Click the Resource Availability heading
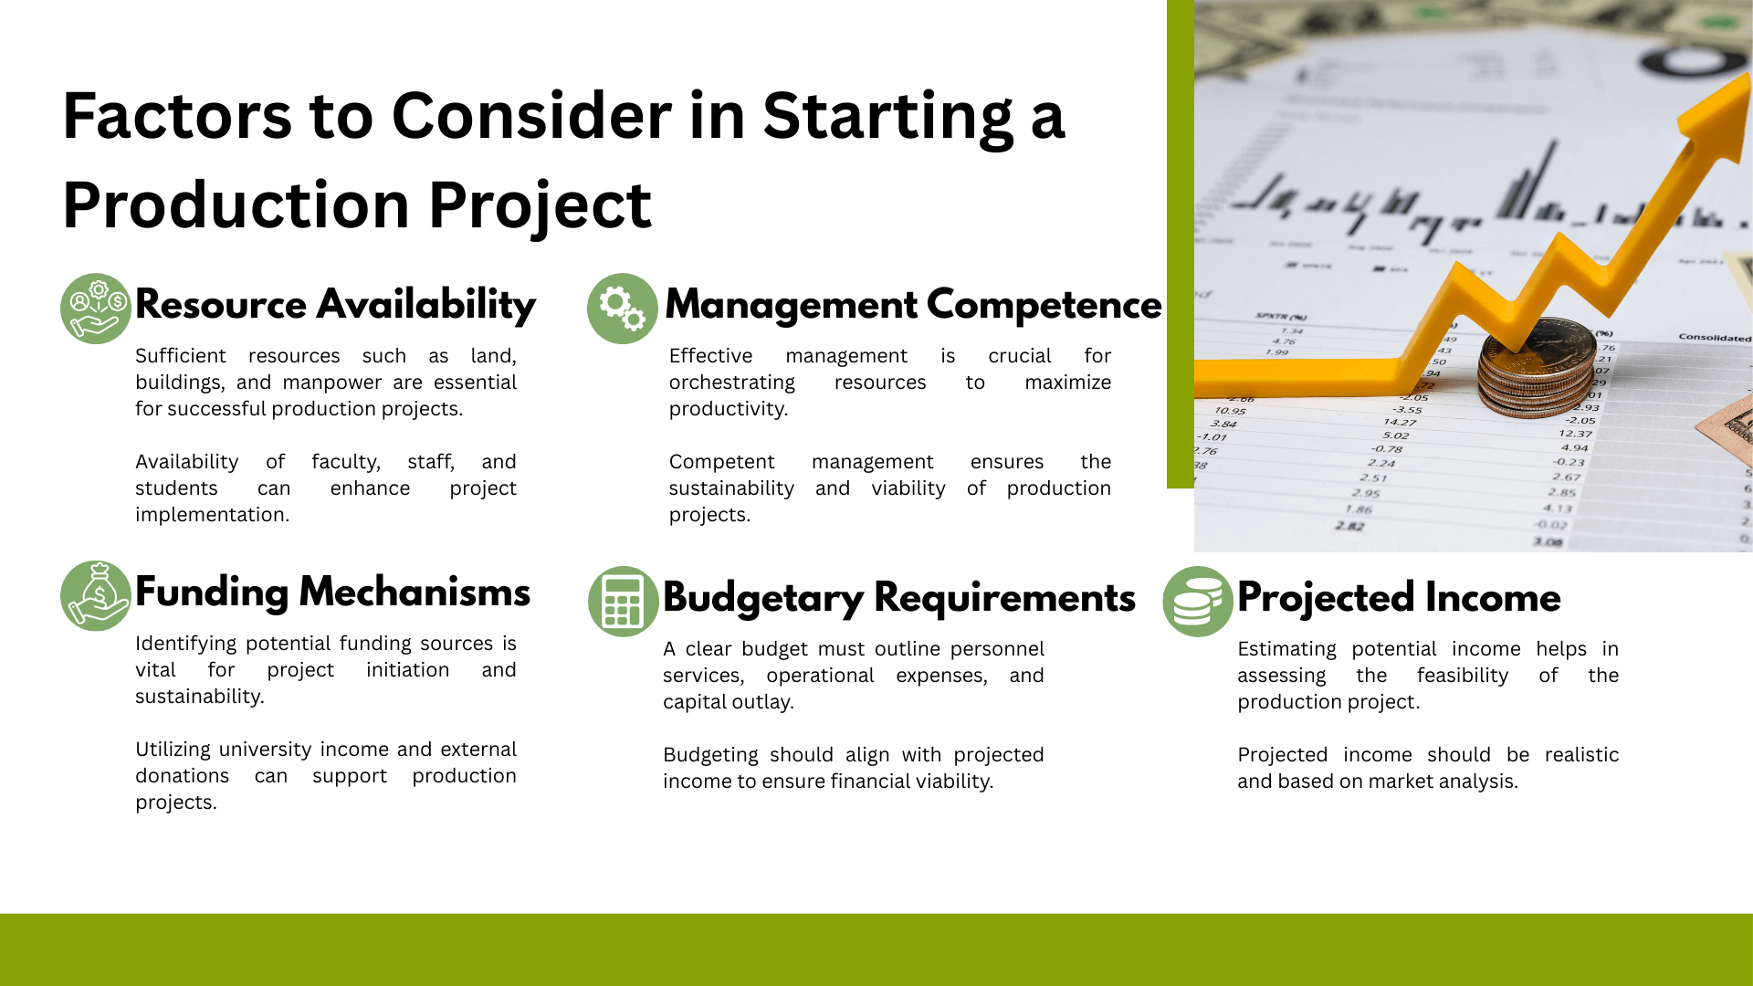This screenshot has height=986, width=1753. [335, 305]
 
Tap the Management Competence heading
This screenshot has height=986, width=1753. [913, 305]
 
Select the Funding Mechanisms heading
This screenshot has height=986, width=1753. [332, 593]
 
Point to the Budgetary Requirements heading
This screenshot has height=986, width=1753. [899, 598]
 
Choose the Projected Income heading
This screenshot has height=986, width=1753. [1399, 598]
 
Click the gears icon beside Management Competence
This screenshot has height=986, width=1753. [623, 309]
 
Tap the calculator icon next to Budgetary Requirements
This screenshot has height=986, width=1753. [624, 602]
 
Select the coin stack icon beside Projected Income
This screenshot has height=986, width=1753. [1198, 602]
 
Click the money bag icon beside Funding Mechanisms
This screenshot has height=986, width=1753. [96, 596]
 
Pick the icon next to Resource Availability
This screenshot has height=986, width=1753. [96, 309]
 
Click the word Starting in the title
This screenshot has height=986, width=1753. [887, 117]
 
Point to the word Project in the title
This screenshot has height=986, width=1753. [540, 205]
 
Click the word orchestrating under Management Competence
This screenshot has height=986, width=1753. [731, 383]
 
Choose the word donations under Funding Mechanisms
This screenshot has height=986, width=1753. [182, 776]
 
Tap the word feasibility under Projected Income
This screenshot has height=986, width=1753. [1462, 676]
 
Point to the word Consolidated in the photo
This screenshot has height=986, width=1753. [1715, 337]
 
